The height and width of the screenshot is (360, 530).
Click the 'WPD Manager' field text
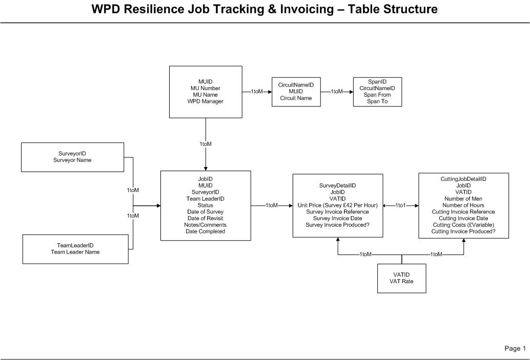(x=205, y=101)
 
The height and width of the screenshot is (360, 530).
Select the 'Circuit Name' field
(x=295, y=98)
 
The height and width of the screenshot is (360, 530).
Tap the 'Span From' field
(x=377, y=95)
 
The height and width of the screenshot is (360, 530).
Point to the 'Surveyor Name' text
(x=72, y=160)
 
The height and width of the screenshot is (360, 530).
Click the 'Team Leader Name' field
(x=75, y=252)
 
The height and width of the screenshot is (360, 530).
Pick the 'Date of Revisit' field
(x=205, y=218)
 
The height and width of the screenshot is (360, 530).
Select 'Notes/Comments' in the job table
(x=205, y=225)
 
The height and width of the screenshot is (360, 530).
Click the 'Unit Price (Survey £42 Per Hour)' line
(x=337, y=205)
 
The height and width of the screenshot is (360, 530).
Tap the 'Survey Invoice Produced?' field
(x=337, y=225)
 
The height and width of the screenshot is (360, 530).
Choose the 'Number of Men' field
(x=463, y=199)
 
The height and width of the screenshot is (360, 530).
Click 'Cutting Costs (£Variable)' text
(x=463, y=225)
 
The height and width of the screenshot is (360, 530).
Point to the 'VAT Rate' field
(x=401, y=282)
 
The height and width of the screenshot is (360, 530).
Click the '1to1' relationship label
(x=400, y=205)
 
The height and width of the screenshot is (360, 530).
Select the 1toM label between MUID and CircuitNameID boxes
(x=256, y=92)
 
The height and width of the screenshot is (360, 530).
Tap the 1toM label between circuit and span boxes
(x=337, y=92)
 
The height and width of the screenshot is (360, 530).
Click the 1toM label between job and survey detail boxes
(x=272, y=205)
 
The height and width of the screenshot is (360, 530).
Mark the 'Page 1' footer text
(x=515, y=349)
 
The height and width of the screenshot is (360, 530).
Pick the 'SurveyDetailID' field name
(x=337, y=185)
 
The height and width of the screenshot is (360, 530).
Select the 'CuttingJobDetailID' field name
(x=463, y=179)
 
